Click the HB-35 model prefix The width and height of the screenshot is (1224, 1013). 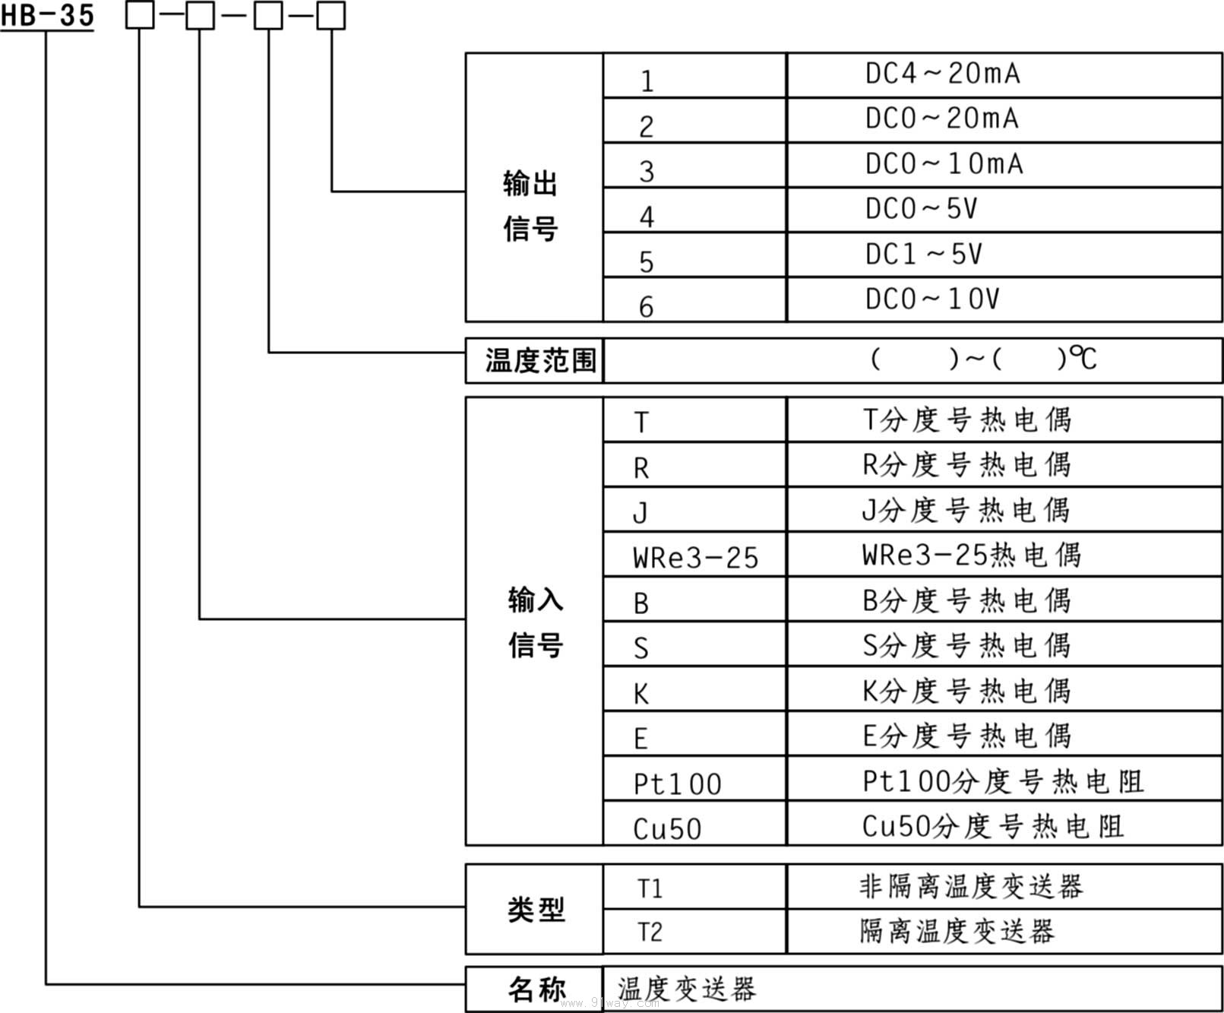pos(47,15)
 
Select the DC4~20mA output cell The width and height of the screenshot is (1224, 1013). pos(942,74)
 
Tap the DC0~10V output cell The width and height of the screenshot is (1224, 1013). pos(931,299)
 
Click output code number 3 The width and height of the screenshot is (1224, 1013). pos(647,172)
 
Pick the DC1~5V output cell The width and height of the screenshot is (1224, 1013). pos(923,255)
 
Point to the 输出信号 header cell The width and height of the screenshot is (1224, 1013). pos(531,205)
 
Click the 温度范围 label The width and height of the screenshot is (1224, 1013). pos(540,360)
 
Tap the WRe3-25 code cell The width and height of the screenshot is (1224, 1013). pos(695,558)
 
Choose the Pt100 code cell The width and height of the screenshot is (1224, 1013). pos(677,783)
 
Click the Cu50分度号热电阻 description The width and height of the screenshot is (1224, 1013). pos(992,827)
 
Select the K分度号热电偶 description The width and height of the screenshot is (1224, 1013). pos(966,691)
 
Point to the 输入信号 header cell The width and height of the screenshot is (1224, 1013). pos(536,622)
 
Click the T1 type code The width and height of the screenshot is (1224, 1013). pos(650,888)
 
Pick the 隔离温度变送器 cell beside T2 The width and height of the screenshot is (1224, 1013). pos(957,931)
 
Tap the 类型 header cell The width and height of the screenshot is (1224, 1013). pos(536,909)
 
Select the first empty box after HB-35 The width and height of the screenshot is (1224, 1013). pos(140,15)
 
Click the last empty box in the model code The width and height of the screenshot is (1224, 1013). pos(331,15)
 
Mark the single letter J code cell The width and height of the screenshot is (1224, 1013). pos(640,513)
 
